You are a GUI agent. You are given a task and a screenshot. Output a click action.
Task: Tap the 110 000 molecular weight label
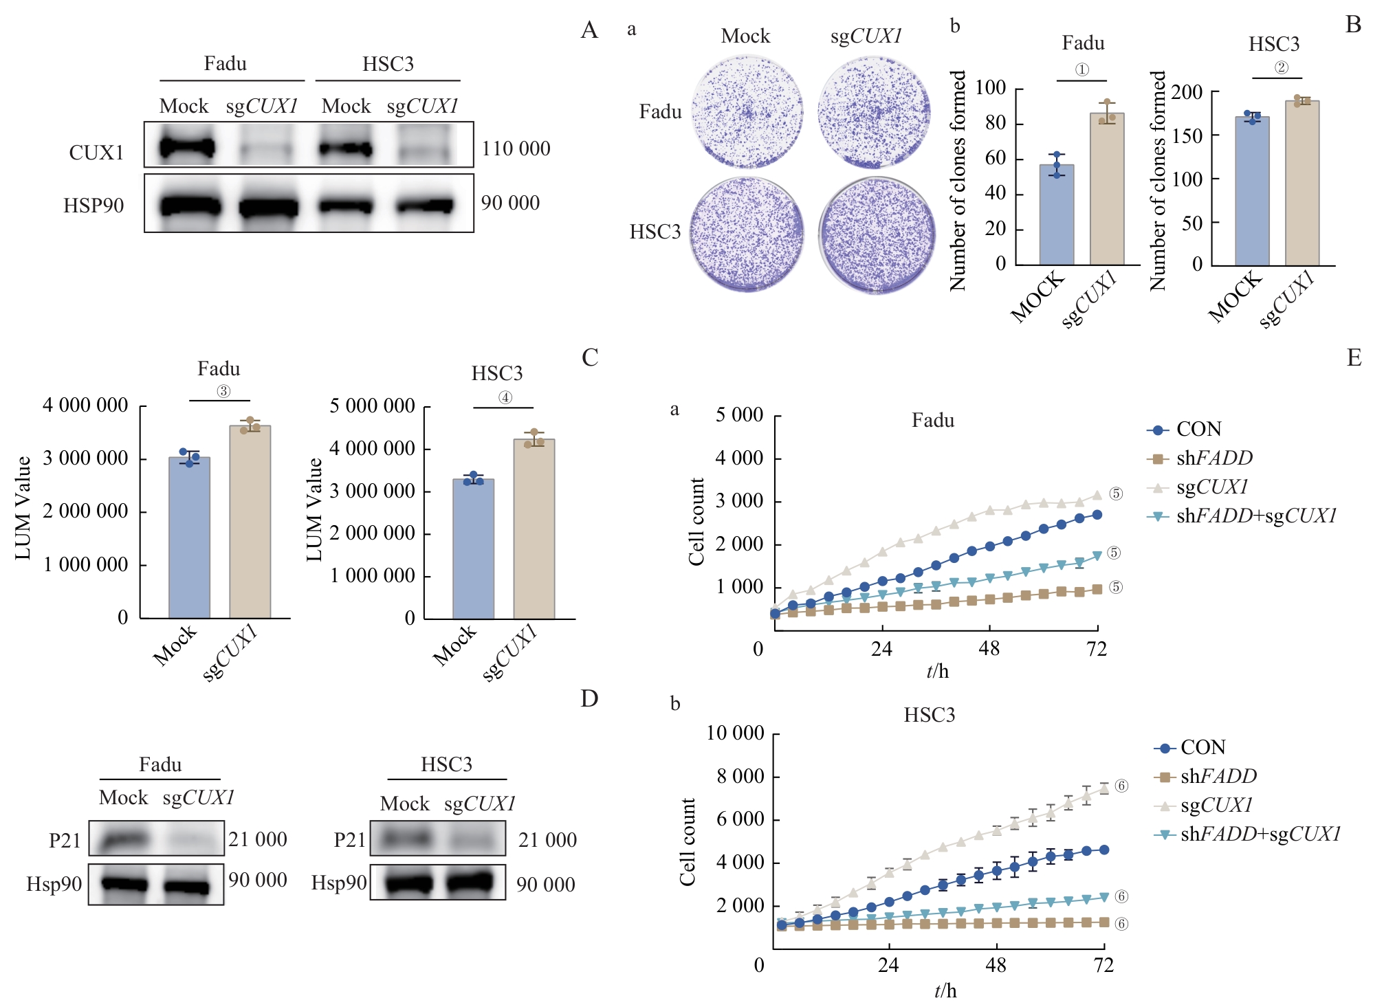pyautogui.click(x=516, y=148)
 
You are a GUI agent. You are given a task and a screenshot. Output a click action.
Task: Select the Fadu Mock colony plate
pyautogui.click(x=747, y=112)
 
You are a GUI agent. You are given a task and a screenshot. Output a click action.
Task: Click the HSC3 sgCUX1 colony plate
pyautogui.click(x=877, y=235)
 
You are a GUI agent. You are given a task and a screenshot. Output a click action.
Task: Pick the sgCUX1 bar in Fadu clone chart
pyautogui.click(x=1106, y=189)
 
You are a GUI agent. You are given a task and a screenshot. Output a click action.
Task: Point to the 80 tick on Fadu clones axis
pyautogui.click(x=995, y=123)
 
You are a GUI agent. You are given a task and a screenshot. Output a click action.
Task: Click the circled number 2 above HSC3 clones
pyautogui.click(x=1281, y=67)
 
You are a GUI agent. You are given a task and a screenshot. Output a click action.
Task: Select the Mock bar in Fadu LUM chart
pyautogui.click(x=189, y=538)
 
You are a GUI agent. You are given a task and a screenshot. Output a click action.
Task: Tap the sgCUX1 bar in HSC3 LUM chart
pyautogui.click(x=534, y=529)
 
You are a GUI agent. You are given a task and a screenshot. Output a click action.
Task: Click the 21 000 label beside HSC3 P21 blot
pyautogui.click(x=547, y=840)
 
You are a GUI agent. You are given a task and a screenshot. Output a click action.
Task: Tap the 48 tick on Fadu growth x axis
pyautogui.click(x=989, y=648)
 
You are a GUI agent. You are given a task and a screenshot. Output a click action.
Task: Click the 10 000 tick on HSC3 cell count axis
pyautogui.click(x=735, y=733)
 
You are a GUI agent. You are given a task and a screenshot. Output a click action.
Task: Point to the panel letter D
pyautogui.click(x=589, y=698)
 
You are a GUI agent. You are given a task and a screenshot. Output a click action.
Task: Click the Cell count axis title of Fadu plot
pyautogui.click(x=696, y=522)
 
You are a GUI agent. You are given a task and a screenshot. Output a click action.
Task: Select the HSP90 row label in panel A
pyautogui.click(x=94, y=206)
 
